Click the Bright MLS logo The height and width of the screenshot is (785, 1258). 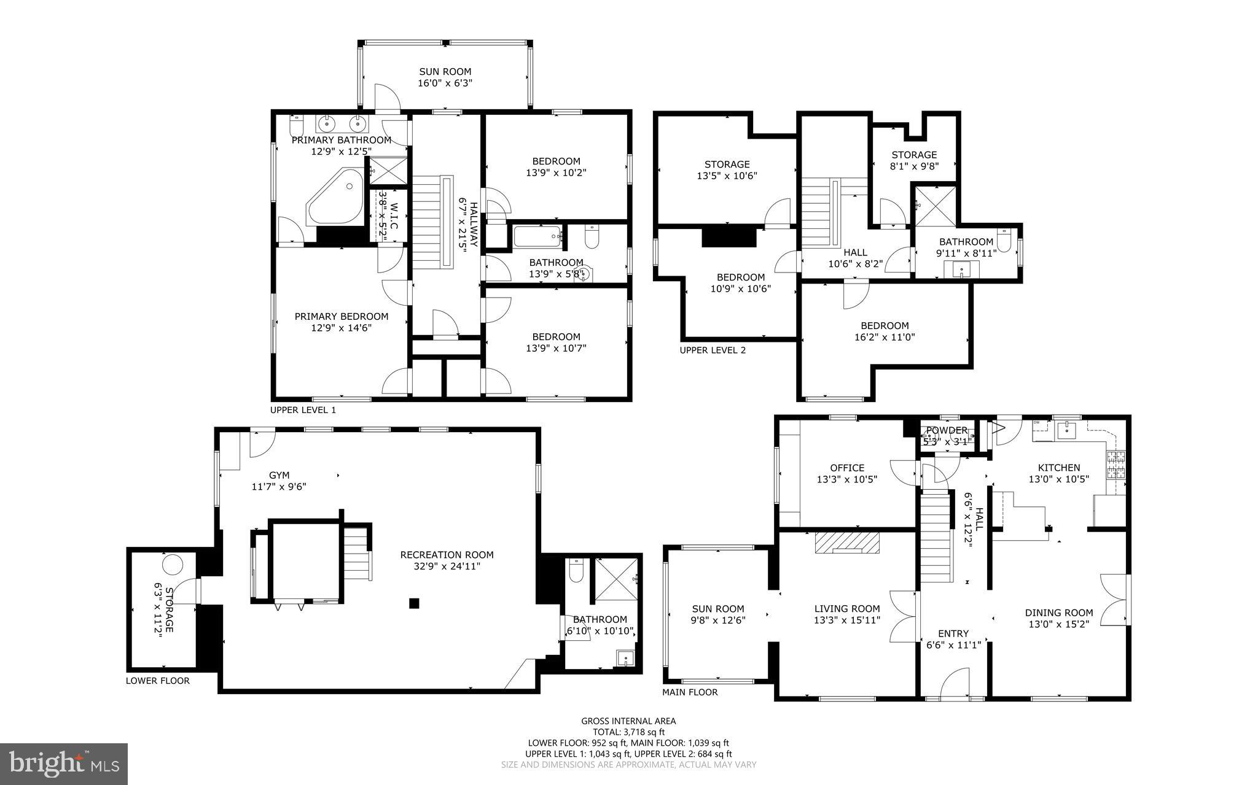[x=64, y=764]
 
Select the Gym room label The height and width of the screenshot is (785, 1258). [x=279, y=475]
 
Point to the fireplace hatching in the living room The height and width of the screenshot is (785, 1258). [x=847, y=543]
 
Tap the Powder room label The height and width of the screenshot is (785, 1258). [x=947, y=430]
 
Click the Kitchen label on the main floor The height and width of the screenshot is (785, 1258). [x=1059, y=468]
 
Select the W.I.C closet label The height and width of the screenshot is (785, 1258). [x=394, y=216]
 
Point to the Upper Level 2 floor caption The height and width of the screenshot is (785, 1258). [x=713, y=350]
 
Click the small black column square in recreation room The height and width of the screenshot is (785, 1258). [x=414, y=603]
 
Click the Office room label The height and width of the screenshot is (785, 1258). [x=847, y=468]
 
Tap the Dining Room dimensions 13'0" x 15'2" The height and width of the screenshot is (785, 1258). [x=1059, y=624]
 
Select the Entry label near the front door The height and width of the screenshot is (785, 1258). [x=953, y=633]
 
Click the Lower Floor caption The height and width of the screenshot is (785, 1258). [x=158, y=681]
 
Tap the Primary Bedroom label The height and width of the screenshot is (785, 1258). [x=342, y=317]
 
